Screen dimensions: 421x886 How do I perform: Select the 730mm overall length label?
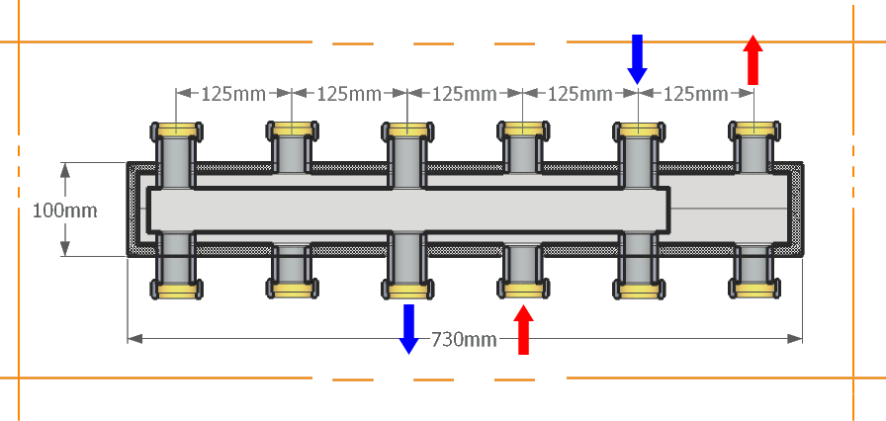coord(464,339)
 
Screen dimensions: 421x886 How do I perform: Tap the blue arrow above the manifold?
coord(638,59)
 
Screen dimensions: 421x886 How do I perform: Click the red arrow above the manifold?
coord(753,59)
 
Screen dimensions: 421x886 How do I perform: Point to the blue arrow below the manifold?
coord(407,328)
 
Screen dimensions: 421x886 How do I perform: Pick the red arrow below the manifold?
coord(524,328)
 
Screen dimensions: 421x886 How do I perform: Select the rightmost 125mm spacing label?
coord(695,94)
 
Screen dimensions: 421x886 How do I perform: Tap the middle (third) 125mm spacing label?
coord(465,94)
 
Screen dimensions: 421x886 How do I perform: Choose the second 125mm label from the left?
coord(350,94)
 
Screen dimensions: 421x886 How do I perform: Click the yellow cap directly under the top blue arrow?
coord(639,129)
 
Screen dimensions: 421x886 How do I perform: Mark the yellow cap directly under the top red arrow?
coord(754,129)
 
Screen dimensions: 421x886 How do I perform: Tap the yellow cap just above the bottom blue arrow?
coord(407,290)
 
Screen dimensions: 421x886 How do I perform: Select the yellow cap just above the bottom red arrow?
coord(523,290)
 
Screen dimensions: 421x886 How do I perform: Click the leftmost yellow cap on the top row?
coord(177,129)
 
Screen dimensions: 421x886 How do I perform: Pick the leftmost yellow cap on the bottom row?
coord(177,290)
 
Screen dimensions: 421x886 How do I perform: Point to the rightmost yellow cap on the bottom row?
coord(754,290)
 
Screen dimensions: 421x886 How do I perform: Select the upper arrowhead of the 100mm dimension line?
coord(65,169)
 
